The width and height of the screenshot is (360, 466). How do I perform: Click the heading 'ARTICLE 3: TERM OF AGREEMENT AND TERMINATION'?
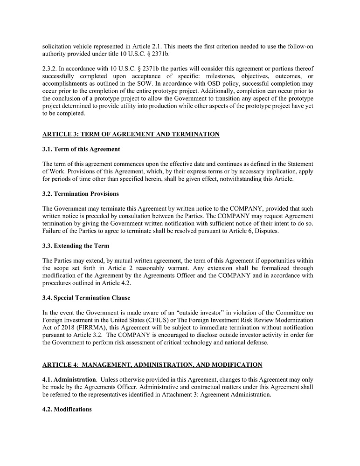click(x=131, y=134)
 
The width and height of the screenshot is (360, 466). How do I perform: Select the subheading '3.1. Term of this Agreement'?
click(x=81, y=149)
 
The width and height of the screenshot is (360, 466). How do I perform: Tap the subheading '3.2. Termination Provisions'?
click(x=80, y=193)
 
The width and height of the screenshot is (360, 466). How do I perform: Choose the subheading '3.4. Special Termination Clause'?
click(x=86, y=298)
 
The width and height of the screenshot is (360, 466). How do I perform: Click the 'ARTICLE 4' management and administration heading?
click(x=152, y=364)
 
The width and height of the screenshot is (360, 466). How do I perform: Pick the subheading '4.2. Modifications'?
click(x=67, y=409)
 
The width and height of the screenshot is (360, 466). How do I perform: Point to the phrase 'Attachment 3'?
click(x=206, y=394)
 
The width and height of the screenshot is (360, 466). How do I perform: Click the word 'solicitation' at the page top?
click(x=57, y=46)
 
